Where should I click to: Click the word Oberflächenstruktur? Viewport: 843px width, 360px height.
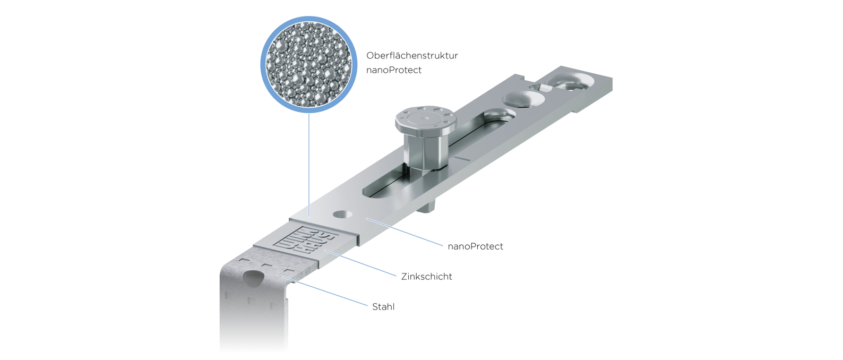pos(412,55)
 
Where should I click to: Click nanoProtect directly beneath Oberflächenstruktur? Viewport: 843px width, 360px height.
pos(394,70)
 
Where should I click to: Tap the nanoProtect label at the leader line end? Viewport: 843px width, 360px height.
pos(475,246)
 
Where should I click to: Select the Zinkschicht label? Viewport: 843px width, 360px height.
pos(426,277)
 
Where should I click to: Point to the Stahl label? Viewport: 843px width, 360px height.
pos(383,307)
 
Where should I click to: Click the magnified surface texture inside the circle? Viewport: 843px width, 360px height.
pos(308,64)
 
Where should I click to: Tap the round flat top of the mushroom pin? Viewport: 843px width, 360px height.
pos(426,118)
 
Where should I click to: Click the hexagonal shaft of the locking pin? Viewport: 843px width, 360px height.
pos(425,151)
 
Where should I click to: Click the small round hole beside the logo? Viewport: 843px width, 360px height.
pos(342,215)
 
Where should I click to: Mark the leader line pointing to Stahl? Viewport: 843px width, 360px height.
pos(325,292)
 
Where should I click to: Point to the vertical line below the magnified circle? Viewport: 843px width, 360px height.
pos(308,165)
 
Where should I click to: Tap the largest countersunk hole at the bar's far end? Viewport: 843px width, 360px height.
pos(570,81)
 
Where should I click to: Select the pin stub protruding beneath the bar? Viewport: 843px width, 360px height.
pos(426,206)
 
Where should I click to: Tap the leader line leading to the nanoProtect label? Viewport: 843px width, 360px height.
pos(405,232)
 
